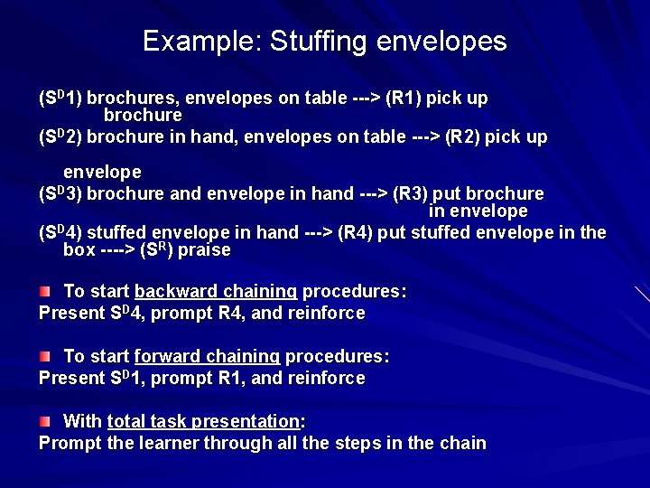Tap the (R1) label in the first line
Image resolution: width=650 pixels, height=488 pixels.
[x=405, y=98]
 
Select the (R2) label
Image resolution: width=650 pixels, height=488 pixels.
[x=463, y=137]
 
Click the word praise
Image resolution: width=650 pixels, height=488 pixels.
[x=204, y=250]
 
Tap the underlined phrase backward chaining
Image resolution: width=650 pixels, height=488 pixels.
[x=216, y=292]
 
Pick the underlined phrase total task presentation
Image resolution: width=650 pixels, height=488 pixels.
[x=203, y=422]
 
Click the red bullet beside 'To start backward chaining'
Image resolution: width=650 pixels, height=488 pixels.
[x=44, y=292]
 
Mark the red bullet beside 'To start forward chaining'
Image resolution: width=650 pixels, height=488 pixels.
[x=44, y=357]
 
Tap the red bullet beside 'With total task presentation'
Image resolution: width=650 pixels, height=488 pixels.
[x=44, y=422]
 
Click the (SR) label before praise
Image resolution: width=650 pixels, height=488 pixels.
[x=155, y=250]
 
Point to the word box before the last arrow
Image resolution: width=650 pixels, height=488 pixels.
[x=79, y=250]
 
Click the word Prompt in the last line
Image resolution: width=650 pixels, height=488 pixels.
[x=69, y=444]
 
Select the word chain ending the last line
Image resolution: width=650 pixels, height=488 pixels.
[x=461, y=444]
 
